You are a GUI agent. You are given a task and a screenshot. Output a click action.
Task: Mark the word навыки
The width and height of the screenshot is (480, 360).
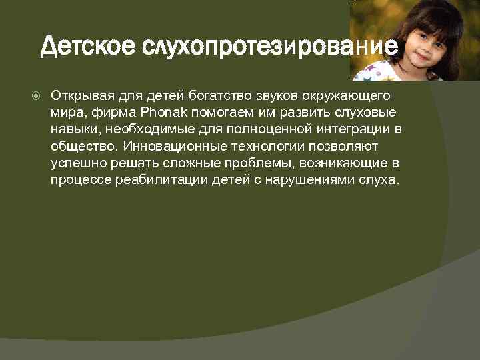click(x=73, y=128)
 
